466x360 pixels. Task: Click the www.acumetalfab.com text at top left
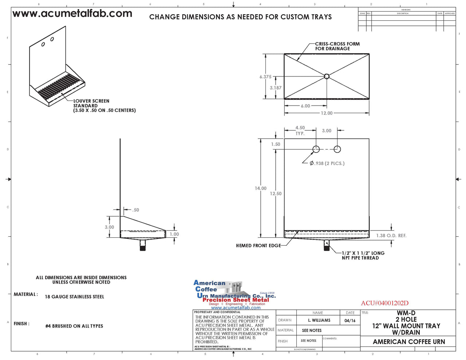[72, 14]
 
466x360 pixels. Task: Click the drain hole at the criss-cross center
[327, 76]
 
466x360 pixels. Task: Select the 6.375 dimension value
[265, 77]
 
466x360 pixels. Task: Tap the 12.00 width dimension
[327, 113]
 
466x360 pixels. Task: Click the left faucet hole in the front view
[316, 149]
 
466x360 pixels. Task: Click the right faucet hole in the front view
[337, 149]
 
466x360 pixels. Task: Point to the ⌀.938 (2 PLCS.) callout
[327, 163]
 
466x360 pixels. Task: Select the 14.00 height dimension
[260, 188]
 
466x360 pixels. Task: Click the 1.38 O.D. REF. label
[391, 236]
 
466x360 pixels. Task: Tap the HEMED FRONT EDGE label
[258, 246]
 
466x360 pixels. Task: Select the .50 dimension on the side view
[135, 210]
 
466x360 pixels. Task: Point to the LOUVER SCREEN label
[91, 101]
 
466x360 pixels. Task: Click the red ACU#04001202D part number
[384, 303]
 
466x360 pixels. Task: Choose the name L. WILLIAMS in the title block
[319, 320]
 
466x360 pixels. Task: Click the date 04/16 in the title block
[350, 321]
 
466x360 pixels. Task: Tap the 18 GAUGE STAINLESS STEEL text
[74, 297]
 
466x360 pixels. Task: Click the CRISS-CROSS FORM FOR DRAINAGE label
[337, 46]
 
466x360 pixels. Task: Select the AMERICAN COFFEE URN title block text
[408, 341]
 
